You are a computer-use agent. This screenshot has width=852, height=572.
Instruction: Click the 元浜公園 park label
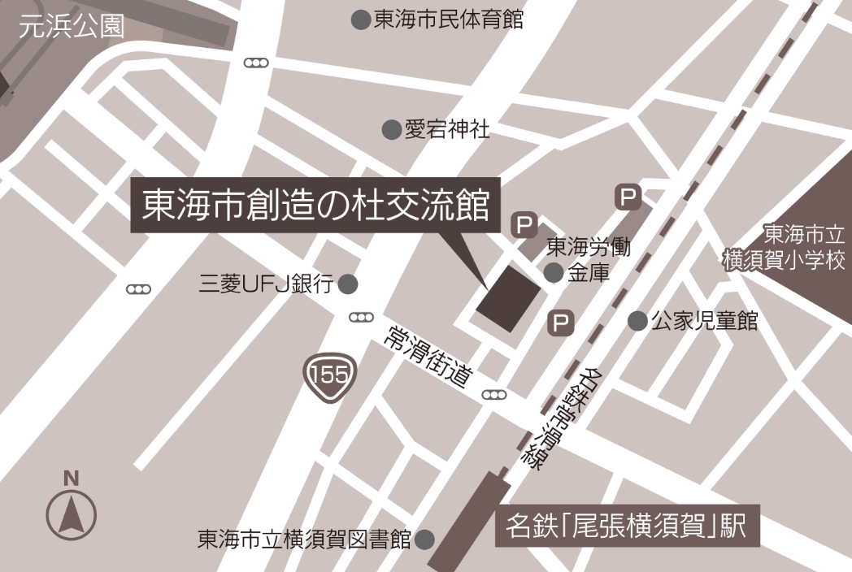click(x=72, y=26)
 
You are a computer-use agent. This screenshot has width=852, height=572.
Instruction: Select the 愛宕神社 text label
click(x=447, y=129)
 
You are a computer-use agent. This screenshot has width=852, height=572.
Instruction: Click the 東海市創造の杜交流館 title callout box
click(x=316, y=207)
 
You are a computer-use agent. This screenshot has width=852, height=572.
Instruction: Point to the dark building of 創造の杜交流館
click(x=509, y=298)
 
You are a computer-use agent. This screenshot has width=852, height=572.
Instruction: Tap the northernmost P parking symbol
click(x=628, y=196)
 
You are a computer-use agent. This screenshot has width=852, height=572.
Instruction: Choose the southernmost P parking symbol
click(x=561, y=323)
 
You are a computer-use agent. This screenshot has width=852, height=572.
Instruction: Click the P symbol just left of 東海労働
click(x=524, y=224)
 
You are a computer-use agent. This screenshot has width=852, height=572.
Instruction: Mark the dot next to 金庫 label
click(x=554, y=273)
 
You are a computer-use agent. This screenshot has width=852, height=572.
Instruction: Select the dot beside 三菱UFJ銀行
click(x=348, y=284)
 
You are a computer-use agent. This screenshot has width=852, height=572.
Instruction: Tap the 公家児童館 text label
click(x=704, y=321)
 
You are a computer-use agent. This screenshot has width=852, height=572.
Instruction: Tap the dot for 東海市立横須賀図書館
click(x=424, y=539)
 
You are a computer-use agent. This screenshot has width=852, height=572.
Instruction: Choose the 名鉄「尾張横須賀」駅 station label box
click(x=628, y=527)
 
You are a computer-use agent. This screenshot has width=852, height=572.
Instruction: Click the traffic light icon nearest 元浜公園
click(x=257, y=63)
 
